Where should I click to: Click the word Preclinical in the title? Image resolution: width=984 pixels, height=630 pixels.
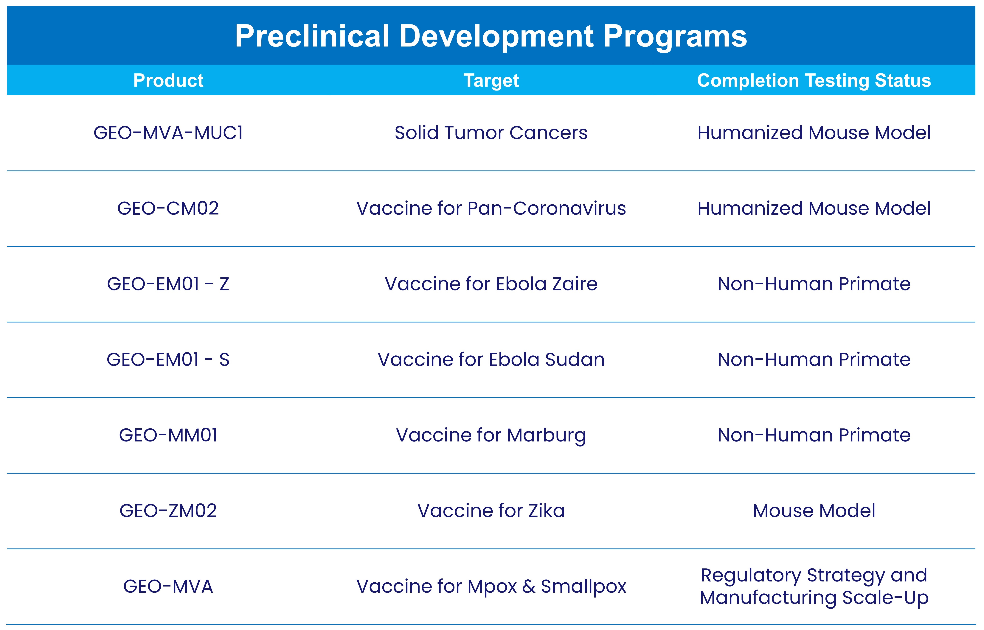click(312, 36)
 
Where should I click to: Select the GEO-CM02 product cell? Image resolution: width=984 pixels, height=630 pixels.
click(168, 208)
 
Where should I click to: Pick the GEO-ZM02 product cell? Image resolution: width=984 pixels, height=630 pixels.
click(168, 511)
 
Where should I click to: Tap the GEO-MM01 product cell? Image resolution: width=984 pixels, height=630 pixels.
click(168, 435)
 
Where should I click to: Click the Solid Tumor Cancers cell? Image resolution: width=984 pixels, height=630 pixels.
click(491, 133)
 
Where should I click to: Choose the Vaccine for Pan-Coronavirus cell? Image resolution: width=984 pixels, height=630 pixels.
click(491, 208)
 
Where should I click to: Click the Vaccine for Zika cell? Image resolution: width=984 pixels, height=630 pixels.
click(491, 511)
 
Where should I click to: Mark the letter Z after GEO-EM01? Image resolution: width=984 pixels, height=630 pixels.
click(224, 284)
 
